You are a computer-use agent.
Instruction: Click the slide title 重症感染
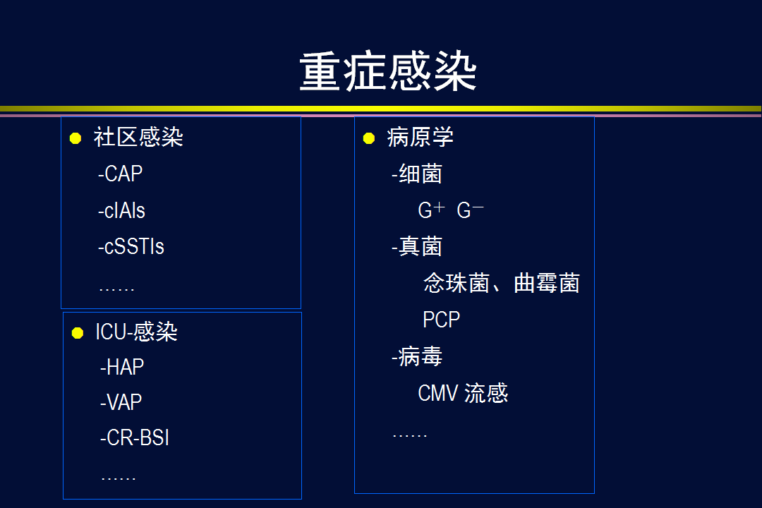tap(388, 72)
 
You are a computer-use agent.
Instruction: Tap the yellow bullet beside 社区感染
tap(75, 138)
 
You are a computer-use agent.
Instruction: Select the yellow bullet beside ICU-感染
tap(78, 332)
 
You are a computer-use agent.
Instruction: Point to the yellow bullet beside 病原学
tap(369, 138)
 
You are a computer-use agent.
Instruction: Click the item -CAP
tap(120, 174)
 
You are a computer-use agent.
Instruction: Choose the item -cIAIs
tap(121, 210)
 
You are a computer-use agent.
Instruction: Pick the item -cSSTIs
tap(131, 246)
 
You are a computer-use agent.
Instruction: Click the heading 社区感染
tap(138, 137)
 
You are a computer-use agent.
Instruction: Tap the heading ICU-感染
tap(137, 332)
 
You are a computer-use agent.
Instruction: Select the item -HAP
tap(122, 367)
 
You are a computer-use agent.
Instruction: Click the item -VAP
tap(121, 402)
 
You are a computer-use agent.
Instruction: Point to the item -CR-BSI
tap(135, 438)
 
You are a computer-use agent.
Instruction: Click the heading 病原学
tap(421, 137)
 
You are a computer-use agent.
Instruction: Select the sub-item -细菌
tap(417, 174)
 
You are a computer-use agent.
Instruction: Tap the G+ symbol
tap(432, 210)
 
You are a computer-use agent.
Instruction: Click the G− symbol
tap(471, 210)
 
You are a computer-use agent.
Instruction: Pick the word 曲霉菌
tap(547, 283)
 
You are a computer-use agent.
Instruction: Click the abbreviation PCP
tap(441, 320)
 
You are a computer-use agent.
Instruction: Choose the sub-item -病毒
tap(417, 356)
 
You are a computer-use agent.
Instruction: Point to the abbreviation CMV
tap(438, 393)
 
